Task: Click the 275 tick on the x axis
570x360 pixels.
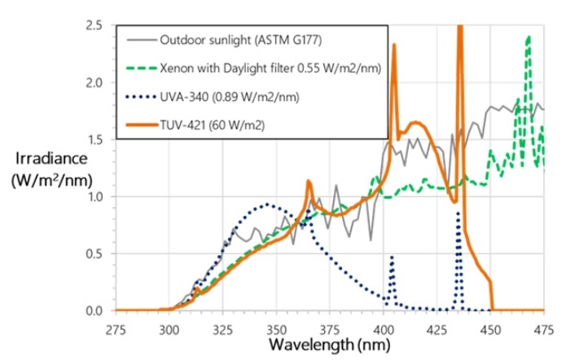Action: pyautogui.click(x=116, y=331)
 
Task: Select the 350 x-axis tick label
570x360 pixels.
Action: pyautogui.click(x=278, y=331)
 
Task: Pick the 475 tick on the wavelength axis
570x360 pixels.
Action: pyautogui.click(x=542, y=331)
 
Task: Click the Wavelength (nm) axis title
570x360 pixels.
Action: pyautogui.click(x=330, y=346)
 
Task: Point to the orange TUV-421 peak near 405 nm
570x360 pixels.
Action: pyautogui.click(x=394, y=46)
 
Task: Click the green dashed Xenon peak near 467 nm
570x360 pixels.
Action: pyautogui.click(x=528, y=37)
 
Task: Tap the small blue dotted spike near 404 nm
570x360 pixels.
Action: pyautogui.click(x=392, y=257)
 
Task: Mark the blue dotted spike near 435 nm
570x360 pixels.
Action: pyautogui.click(x=458, y=213)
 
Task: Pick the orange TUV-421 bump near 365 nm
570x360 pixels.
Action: pyautogui.click(x=309, y=182)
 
